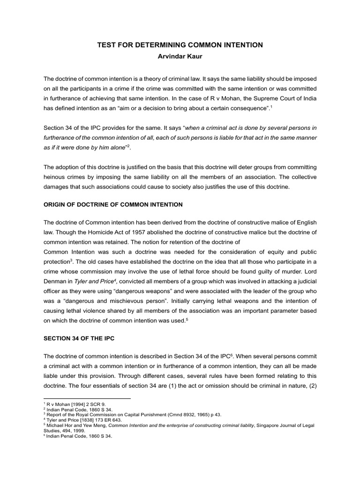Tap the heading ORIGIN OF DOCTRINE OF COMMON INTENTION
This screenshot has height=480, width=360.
tap(113, 205)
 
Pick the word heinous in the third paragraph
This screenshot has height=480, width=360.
tap(55, 178)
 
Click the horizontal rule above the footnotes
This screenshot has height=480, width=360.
tap(87, 398)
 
